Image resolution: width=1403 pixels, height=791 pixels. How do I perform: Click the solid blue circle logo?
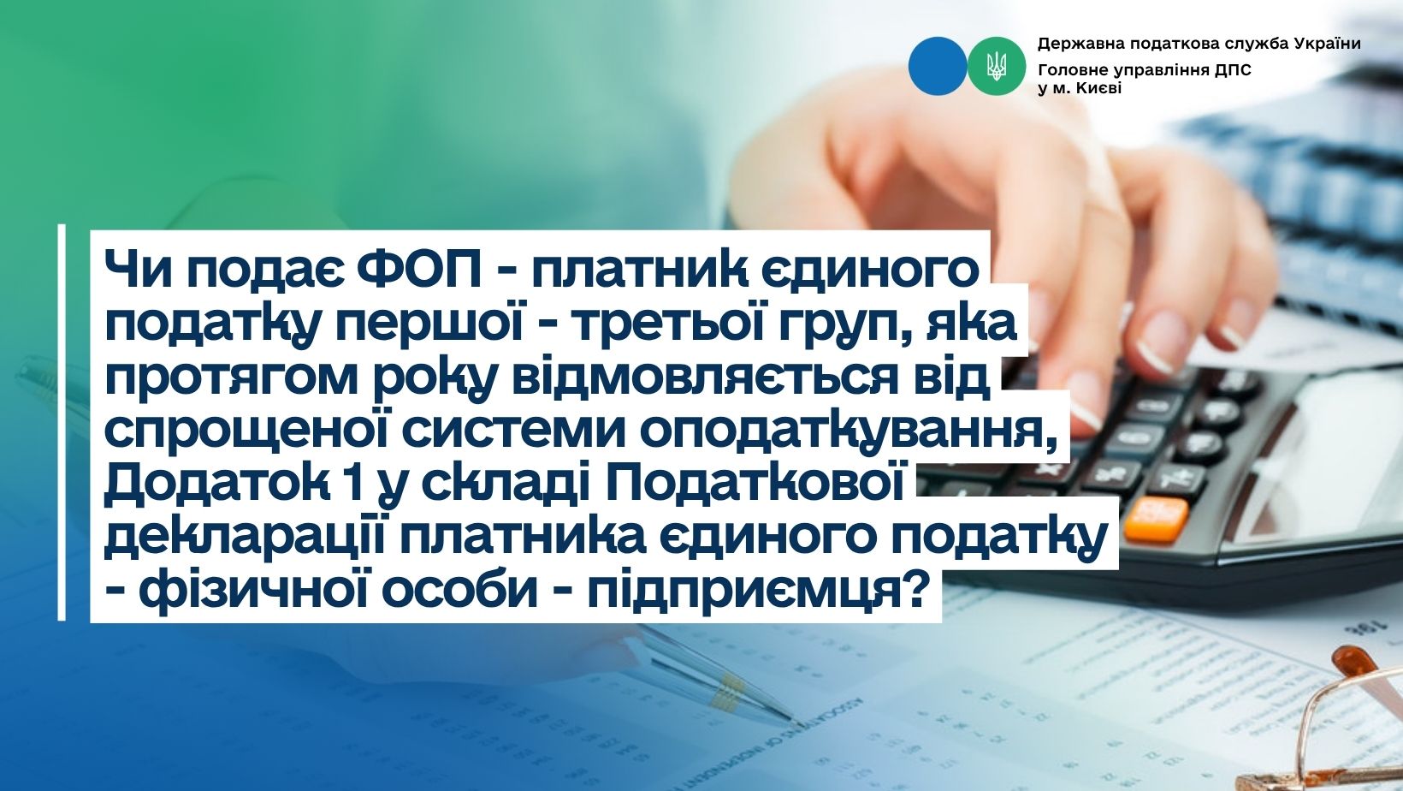coord(938,66)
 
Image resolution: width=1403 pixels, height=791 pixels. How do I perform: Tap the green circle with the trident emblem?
coord(997,66)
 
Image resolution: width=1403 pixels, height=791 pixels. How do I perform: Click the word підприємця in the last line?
coord(743,592)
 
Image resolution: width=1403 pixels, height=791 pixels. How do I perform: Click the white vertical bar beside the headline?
coord(62,422)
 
